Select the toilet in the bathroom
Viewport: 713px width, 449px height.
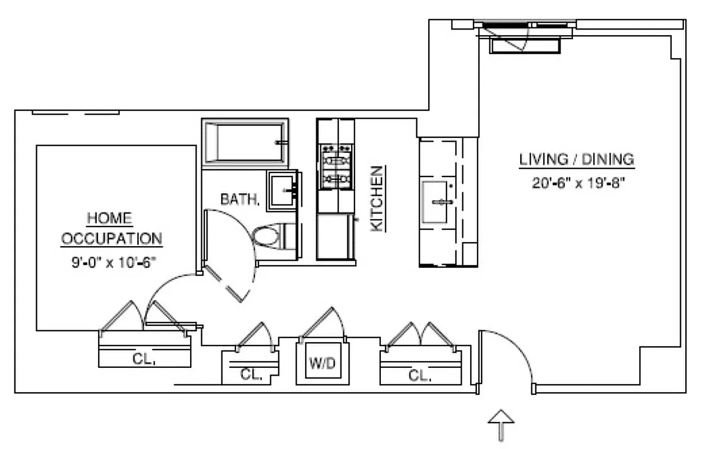click(x=268, y=236)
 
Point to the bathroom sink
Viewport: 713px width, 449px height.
click(x=282, y=190)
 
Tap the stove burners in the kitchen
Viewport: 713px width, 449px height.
click(x=335, y=166)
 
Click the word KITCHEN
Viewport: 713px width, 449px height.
click(x=378, y=198)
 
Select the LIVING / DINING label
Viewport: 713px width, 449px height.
click(x=577, y=159)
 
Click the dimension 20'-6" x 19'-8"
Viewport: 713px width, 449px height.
click(x=578, y=183)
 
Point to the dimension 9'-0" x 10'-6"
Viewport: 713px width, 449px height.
click(x=112, y=261)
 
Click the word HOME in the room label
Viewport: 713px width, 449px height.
click(x=109, y=219)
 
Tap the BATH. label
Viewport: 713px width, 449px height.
click(x=240, y=199)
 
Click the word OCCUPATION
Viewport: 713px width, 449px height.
click(x=111, y=239)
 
